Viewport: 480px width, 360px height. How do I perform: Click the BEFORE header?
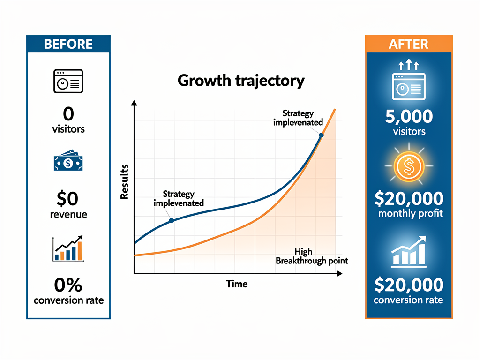68,44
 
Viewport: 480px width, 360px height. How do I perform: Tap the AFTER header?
408,44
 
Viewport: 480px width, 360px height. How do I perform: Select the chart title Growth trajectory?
241,81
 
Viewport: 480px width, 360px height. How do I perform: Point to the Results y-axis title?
124,185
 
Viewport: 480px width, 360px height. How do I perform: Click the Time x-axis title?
237,284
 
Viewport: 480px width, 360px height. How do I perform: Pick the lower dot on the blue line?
171,220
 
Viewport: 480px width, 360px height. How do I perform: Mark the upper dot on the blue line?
321,135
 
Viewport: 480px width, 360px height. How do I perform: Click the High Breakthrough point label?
312,256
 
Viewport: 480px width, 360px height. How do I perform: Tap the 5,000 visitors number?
409,116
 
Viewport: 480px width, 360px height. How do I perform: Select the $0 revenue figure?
68,199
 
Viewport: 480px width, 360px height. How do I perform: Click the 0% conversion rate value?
68,285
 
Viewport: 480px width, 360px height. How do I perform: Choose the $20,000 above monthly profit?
409,199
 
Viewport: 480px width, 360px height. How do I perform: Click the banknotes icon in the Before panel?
68,162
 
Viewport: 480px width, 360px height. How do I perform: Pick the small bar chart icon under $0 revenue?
68,248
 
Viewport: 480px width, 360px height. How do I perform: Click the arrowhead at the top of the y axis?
134,103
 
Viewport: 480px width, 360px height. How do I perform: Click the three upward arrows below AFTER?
408,65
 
